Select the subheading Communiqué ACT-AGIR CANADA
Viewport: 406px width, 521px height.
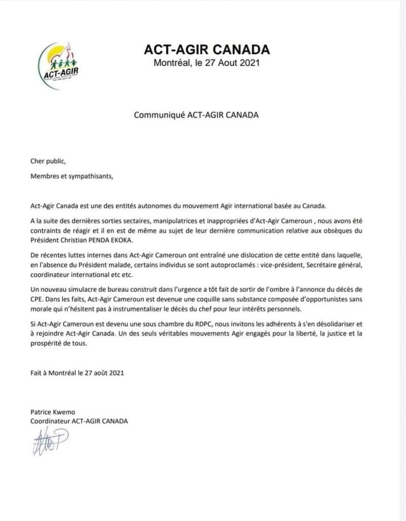coord(196,114)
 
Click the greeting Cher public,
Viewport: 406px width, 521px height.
coord(48,161)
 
